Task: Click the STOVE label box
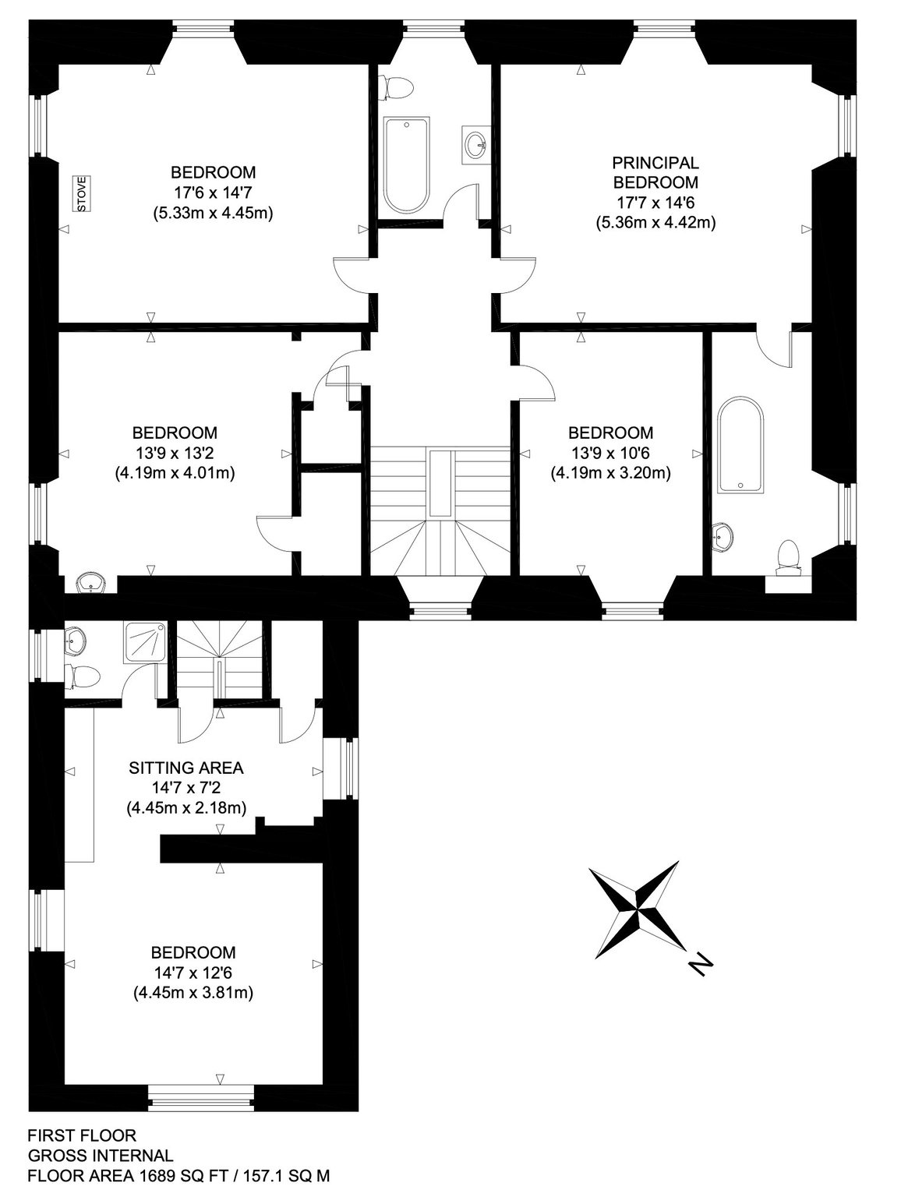pos(83,193)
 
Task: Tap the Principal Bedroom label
pos(655,171)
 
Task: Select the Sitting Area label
pos(186,768)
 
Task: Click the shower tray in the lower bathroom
pos(146,643)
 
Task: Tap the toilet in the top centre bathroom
pos(397,87)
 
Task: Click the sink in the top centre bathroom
pos(475,144)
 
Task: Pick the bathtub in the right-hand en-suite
pos(740,446)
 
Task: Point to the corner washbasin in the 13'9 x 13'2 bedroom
pos(91,583)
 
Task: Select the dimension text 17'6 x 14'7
pos(214,192)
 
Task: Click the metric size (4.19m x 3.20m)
pos(611,473)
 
